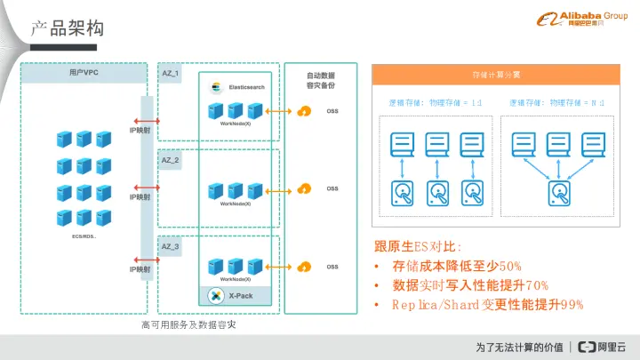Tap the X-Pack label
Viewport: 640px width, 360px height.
[x=241, y=295]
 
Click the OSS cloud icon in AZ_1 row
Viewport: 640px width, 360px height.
[x=305, y=110]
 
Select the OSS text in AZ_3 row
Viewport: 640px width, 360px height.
[x=332, y=267]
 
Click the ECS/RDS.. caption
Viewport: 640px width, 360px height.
[x=84, y=237]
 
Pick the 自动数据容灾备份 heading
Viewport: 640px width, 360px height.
[x=320, y=81]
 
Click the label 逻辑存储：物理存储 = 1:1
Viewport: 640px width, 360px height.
[x=436, y=103]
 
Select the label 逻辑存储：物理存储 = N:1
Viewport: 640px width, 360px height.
[x=557, y=103]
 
